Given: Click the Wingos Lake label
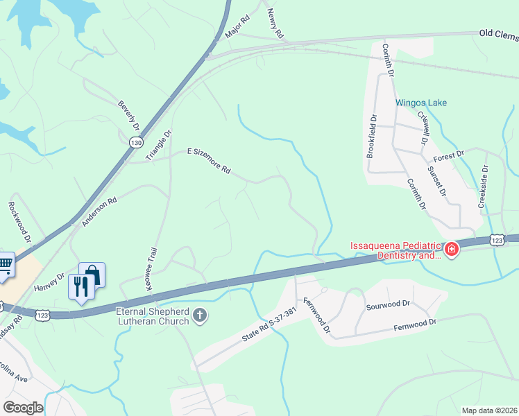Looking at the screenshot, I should tap(421, 103).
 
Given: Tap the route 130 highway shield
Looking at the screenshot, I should tap(136, 141).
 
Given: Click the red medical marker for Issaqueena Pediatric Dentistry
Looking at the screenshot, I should tap(452, 249).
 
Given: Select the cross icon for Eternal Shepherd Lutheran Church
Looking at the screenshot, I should tap(200, 316).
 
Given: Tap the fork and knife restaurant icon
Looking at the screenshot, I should tap(81, 286).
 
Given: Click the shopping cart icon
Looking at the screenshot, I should tap(4, 264).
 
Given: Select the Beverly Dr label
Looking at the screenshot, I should tap(129, 116).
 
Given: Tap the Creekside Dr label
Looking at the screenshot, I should tap(483, 187).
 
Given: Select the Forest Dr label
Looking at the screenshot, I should tap(448, 156).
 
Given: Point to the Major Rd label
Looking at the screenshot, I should tap(237, 28).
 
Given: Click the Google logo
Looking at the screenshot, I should tap(23, 408).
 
